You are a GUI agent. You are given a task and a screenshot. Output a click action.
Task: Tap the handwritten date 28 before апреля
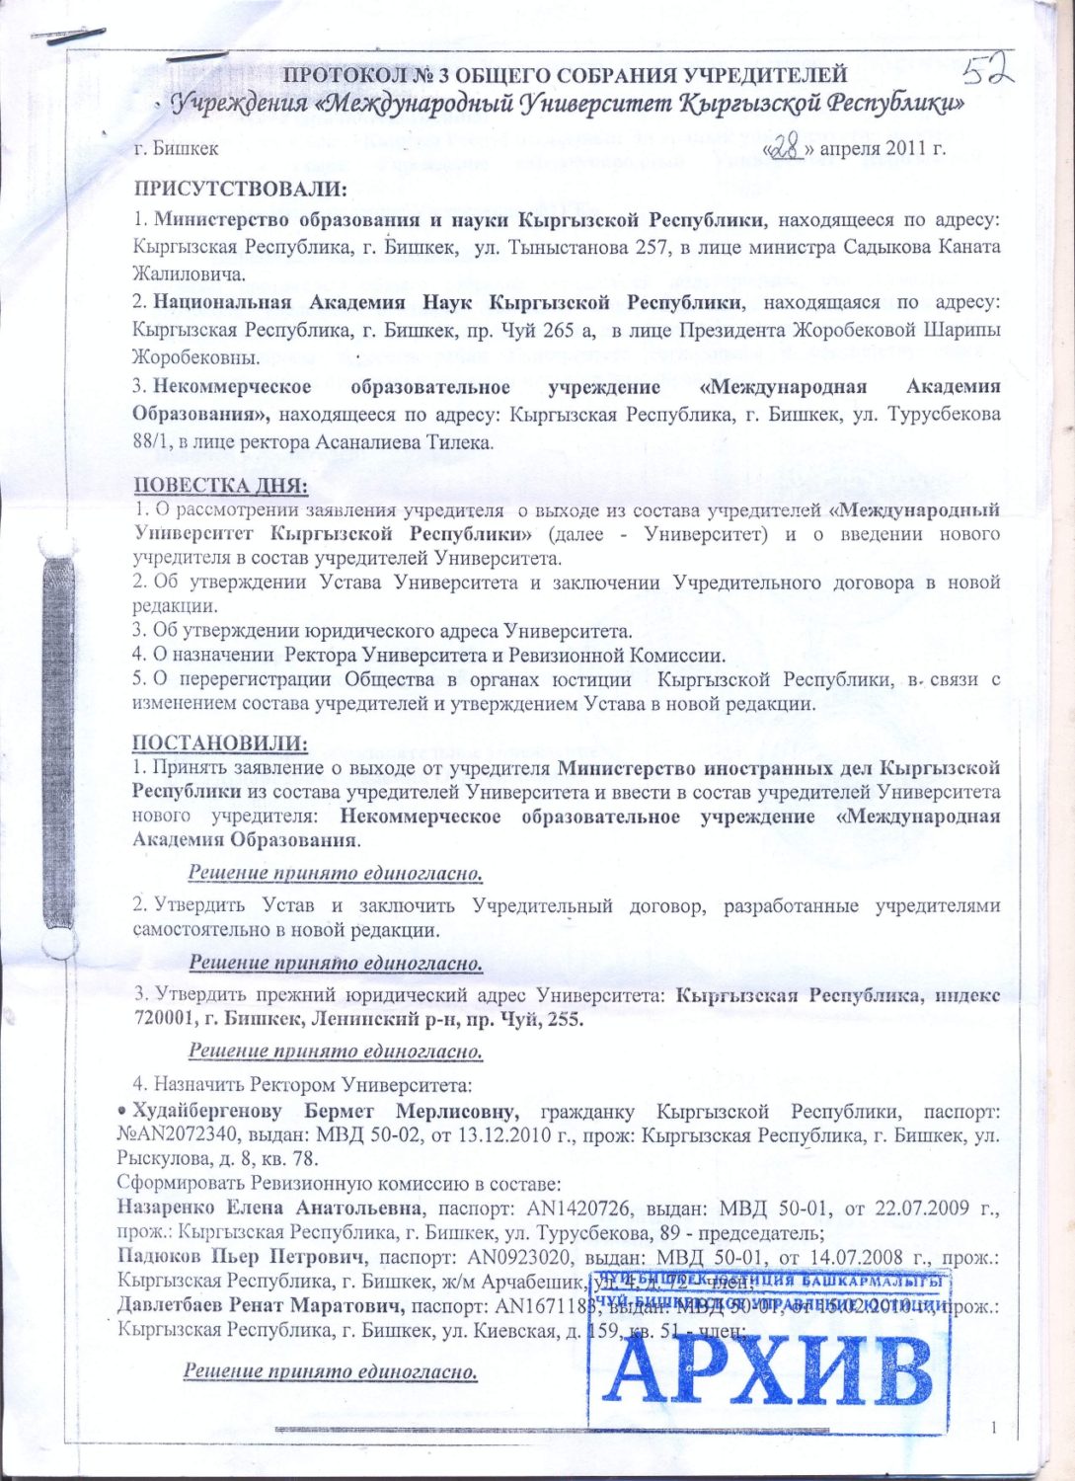787,148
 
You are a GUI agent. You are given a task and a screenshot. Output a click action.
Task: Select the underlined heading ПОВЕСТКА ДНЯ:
220,486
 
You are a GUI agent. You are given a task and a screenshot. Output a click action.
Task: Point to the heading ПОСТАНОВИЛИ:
220,742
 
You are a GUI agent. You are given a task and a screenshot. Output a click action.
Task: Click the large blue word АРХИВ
766,1371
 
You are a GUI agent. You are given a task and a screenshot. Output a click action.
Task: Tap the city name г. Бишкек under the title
177,150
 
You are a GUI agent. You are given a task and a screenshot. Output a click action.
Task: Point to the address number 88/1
153,443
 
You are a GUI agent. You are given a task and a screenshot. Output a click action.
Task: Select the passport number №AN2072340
183,1135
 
